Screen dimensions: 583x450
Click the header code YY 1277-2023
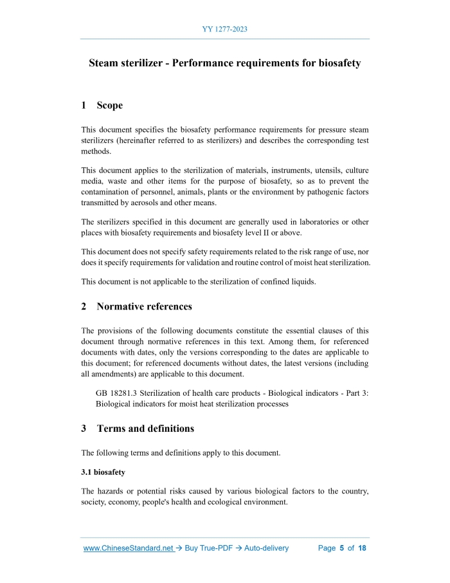click(225, 29)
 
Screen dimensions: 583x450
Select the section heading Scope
click(109, 105)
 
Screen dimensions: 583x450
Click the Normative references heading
click(144, 306)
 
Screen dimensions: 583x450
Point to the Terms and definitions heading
click(145, 428)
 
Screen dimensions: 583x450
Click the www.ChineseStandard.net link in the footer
click(129, 548)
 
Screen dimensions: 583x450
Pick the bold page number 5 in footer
click(342, 548)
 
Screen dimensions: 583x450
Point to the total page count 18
click(363, 548)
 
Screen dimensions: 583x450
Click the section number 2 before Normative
click(84, 306)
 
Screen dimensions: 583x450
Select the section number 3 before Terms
click(84, 428)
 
